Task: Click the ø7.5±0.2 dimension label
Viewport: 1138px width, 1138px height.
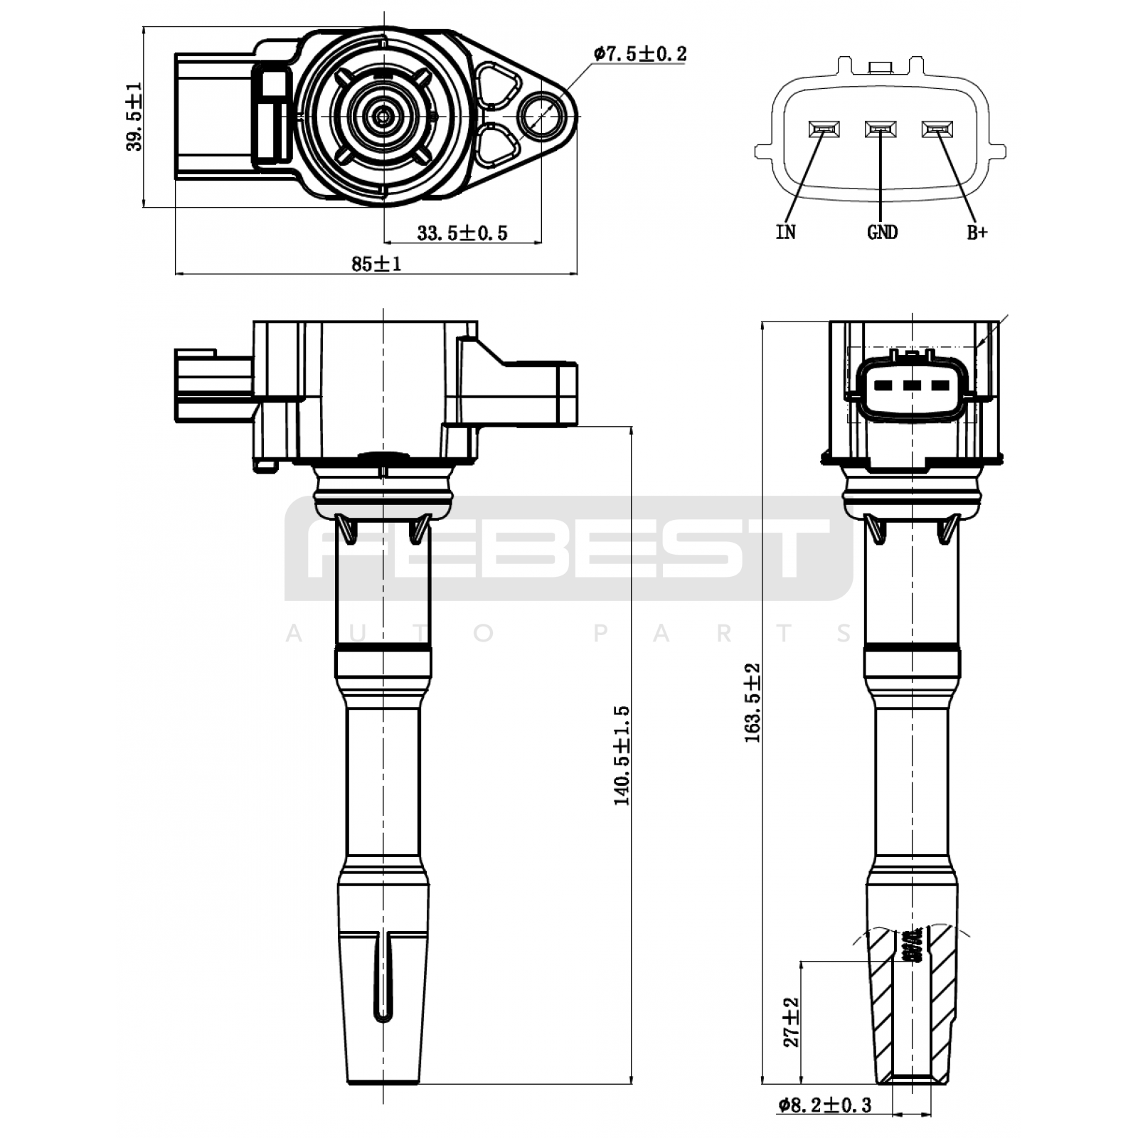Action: point(640,53)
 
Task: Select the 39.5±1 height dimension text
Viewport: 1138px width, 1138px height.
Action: point(134,117)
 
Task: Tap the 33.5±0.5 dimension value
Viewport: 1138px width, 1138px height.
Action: point(462,233)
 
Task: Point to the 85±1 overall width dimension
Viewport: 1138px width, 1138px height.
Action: point(376,263)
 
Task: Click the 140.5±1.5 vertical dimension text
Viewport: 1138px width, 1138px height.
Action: point(622,755)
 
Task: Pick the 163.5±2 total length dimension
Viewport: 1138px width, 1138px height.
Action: point(753,703)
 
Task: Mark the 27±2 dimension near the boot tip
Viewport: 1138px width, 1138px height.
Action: point(792,1021)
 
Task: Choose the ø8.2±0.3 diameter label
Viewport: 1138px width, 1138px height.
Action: point(825,1105)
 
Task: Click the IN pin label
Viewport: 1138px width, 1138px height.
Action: point(786,232)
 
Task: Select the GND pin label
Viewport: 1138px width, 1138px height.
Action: point(882,232)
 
